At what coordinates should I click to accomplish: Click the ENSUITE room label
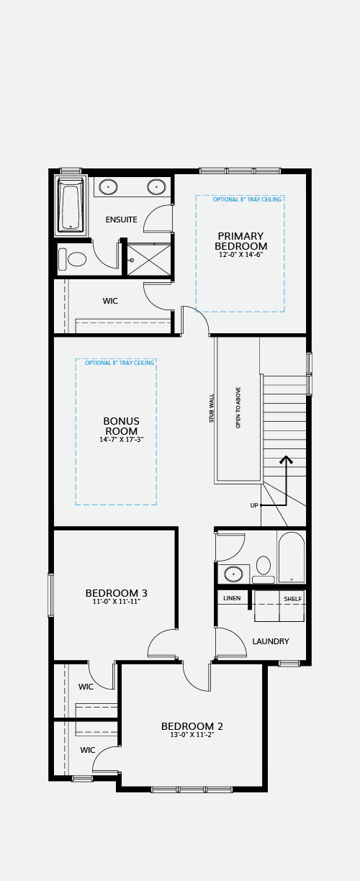click(121, 220)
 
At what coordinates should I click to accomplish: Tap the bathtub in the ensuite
click(71, 205)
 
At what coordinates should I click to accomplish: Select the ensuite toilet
click(73, 260)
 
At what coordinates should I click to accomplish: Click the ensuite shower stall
click(149, 259)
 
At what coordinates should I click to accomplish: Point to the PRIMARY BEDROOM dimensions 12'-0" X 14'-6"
click(240, 255)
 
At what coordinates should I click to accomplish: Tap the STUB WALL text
click(212, 408)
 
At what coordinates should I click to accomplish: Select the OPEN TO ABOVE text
click(238, 408)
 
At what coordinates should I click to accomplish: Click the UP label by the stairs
click(254, 505)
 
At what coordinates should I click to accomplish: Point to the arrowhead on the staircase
click(286, 459)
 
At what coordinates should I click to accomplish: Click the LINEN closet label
click(232, 598)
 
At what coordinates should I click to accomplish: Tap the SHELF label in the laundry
click(293, 599)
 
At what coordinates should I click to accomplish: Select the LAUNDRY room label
click(271, 641)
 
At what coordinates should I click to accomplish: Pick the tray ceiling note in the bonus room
click(120, 363)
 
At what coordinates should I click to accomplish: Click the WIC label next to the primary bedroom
click(110, 301)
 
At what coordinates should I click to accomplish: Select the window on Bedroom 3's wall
click(50, 595)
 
